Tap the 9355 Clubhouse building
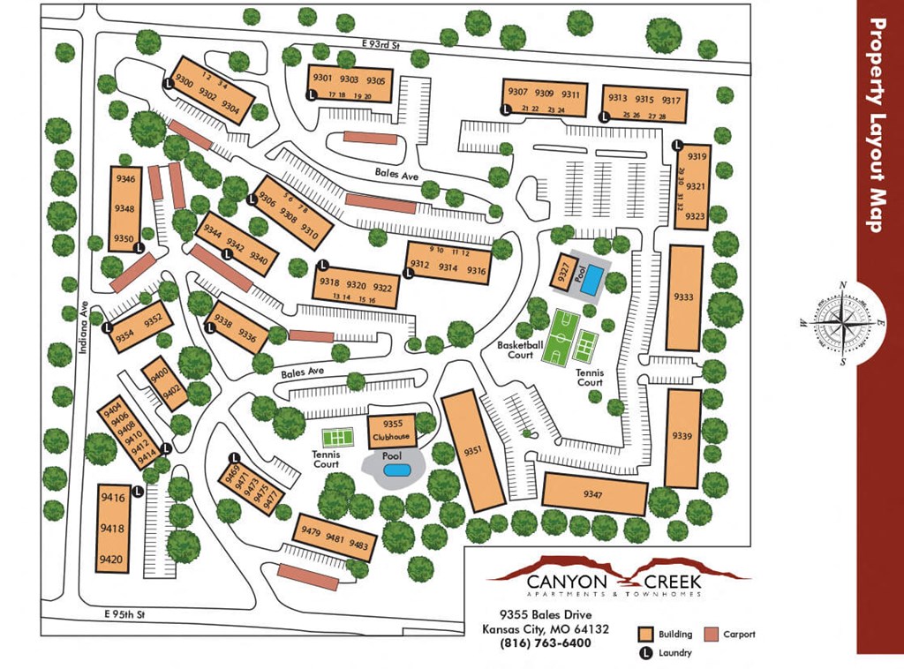tap(391, 430)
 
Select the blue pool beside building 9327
tap(592, 280)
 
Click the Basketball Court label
tap(515, 350)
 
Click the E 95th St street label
tap(123, 613)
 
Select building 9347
tap(593, 492)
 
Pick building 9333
tap(684, 297)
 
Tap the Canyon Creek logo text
tap(614, 582)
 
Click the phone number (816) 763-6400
tap(545, 643)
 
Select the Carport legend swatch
tap(712, 634)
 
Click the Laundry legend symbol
tap(645, 653)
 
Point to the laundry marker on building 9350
tap(139, 248)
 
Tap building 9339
tap(682, 438)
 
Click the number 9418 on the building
tap(112, 529)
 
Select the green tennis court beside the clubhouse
tap(336, 437)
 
